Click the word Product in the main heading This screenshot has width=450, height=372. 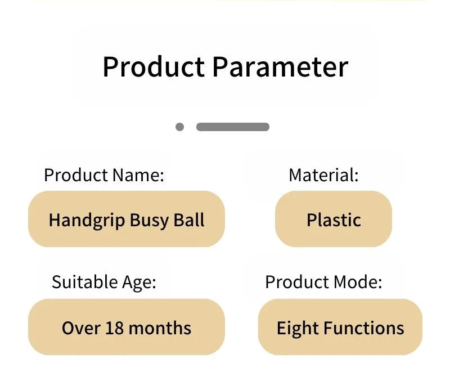pos(154,67)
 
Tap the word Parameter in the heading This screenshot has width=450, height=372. pos(280,67)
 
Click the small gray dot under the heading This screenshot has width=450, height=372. pos(179,127)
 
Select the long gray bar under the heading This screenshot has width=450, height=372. pos(233,127)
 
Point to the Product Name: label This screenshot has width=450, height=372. pos(104,175)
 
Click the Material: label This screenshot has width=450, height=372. pos(324,175)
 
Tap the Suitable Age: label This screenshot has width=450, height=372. pos(104,282)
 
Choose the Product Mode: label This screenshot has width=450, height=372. pos(324,282)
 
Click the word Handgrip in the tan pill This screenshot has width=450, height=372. pos(87,221)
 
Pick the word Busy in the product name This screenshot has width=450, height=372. pos(149,221)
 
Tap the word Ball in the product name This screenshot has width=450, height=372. pos(189,220)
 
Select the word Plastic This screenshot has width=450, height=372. pos(334,220)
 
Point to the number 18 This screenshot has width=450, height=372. pos(115,328)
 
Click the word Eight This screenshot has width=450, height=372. pos(298,328)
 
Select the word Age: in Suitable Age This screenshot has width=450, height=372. pos(139,283)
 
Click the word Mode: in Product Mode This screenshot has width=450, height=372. pos(358,282)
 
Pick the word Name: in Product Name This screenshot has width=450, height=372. pos(138,175)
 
